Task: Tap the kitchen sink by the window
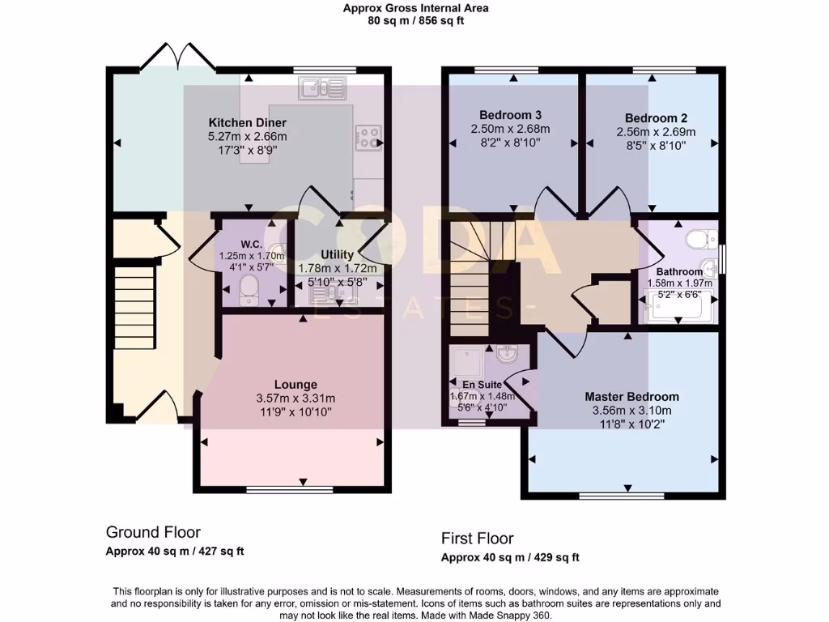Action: click(322, 87)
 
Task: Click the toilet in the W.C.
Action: click(249, 288)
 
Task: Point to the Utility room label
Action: click(338, 254)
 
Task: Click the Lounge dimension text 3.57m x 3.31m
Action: click(295, 398)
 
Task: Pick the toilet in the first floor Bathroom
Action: click(699, 239)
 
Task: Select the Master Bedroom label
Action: click(631, 397)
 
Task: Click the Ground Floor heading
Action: click(153, 532)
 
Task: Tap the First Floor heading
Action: click(477, 539)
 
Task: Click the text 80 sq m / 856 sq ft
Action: click(415, 21)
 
